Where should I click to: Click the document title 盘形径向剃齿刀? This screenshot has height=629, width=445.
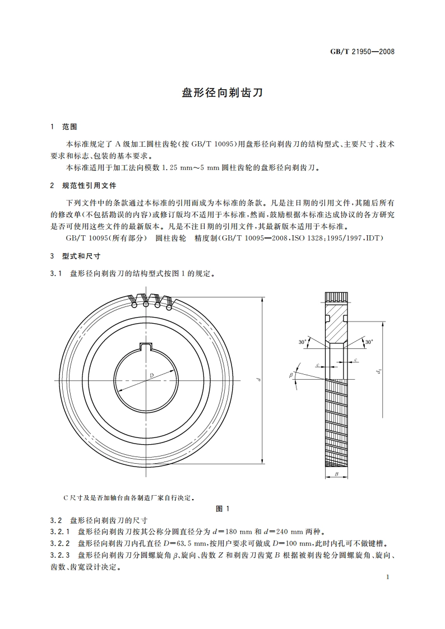pyautogui.click(x=222, y=93)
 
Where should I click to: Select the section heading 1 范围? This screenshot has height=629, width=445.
pyautogui.click(x=64, y=127)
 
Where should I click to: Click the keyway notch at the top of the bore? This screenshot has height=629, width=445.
pyautogui.click(x=146, y=347)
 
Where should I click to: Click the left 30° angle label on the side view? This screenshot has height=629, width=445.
pyautogui.click(x=302, y=341)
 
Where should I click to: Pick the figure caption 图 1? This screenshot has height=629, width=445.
pyautogui.click(x=222, y=509)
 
